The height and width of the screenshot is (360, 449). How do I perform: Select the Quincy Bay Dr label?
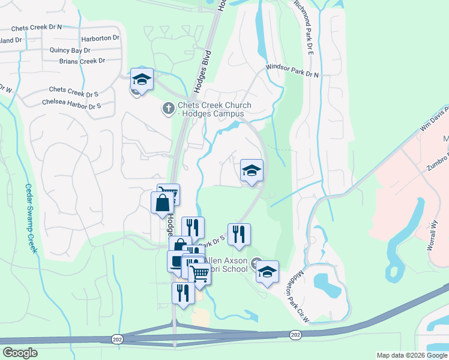70,50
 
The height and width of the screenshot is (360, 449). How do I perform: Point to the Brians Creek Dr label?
82,61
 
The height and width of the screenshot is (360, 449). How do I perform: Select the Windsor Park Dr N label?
292,71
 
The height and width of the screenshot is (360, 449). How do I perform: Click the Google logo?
20,352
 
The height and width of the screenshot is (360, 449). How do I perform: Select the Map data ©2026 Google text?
411,355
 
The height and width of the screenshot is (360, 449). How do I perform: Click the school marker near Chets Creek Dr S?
142,80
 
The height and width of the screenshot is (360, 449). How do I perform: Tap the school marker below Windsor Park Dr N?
252,171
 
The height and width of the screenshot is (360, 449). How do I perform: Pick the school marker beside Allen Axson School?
268,272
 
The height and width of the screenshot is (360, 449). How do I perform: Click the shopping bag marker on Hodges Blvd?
163,203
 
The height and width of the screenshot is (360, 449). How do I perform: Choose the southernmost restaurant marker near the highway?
183,293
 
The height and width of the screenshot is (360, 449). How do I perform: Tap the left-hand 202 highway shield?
115,339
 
